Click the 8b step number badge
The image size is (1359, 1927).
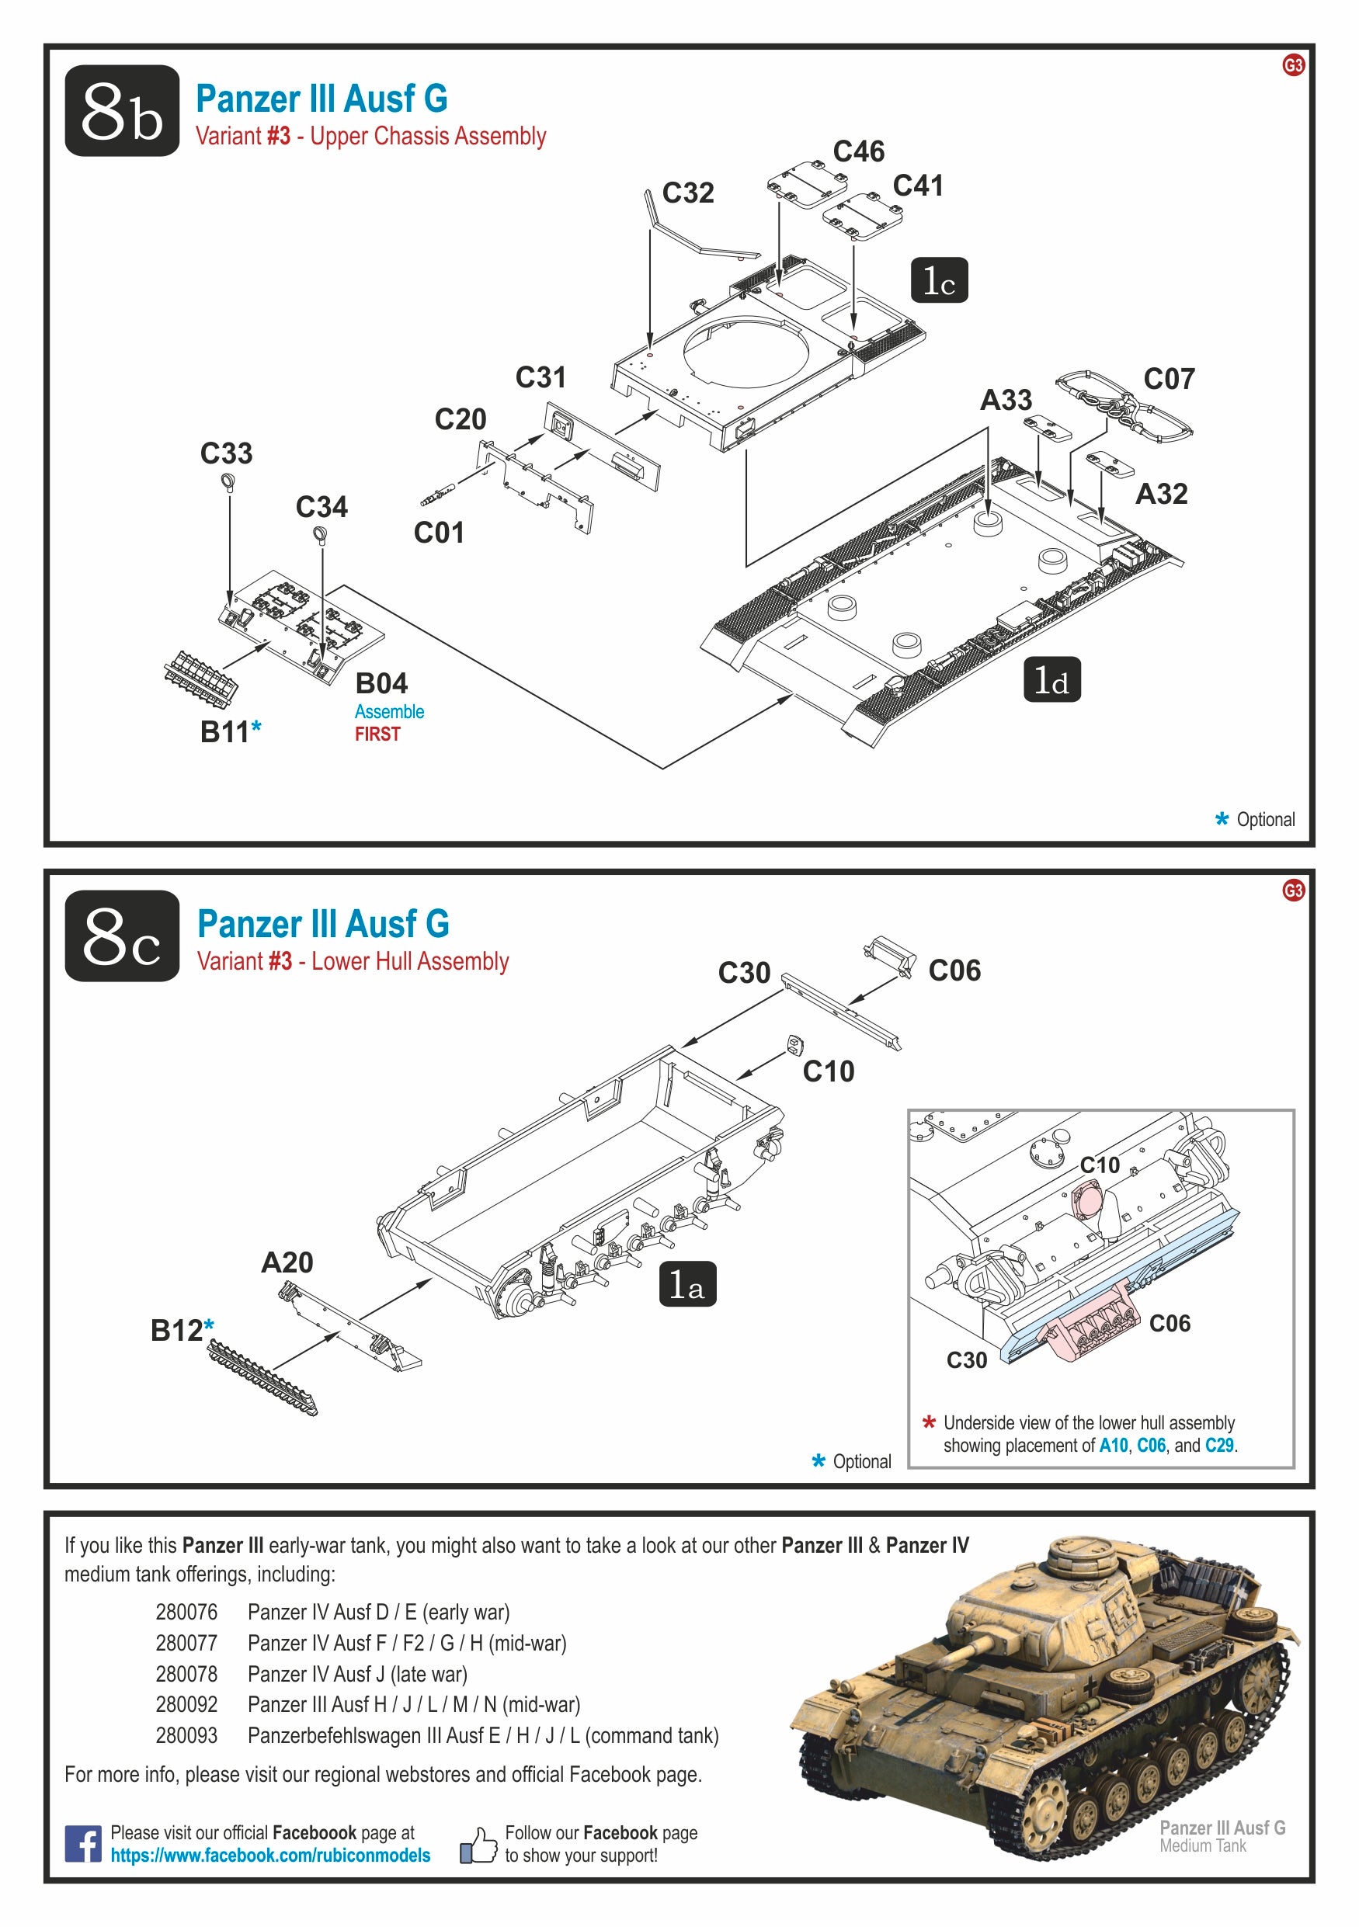coord(122,111)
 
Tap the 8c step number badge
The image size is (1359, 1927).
coord(122,936)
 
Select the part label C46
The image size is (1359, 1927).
coord(858,151)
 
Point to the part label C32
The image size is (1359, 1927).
coord(687,193)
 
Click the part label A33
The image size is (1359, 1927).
coord(1006,401)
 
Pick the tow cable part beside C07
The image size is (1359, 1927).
coord(1122,404)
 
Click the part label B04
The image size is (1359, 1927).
coord(381,683)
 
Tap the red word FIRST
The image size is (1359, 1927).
coord(377,734)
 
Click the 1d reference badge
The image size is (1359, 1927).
coord(1051,679)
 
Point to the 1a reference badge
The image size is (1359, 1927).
coord(686,1284)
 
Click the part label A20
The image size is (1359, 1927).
coord(287,1262)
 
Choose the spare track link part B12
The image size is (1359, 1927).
coord(262,1377)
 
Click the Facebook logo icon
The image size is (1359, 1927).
coord(83,1844)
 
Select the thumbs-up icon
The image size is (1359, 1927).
coord(478,1845)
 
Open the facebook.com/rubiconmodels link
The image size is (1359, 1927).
coord(270,1855)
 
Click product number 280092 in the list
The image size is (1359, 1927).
coord(186,1705)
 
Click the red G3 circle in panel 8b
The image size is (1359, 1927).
coord(1293,64)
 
